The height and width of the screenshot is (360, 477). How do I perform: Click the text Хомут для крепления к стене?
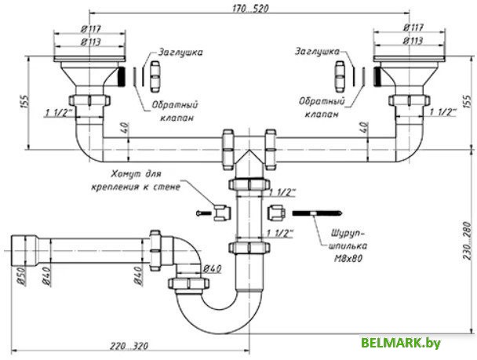145,180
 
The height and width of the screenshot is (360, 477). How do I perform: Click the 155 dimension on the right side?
468,102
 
